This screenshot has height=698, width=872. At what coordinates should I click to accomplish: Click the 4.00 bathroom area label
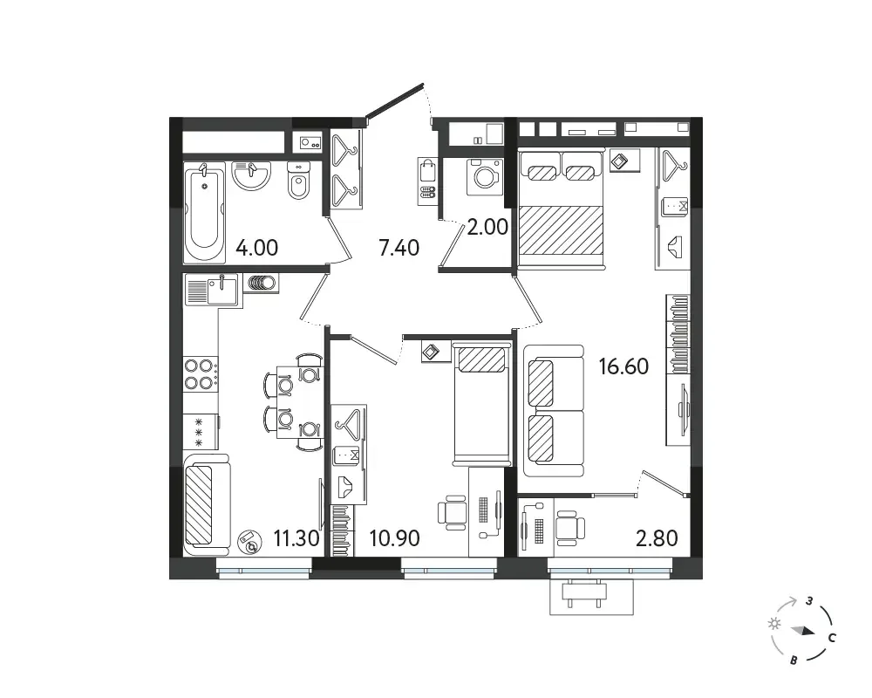coord(257,248)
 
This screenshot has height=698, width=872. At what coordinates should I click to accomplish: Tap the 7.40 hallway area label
coord(399,248)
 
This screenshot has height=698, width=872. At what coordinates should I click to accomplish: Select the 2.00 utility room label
coord(487,227)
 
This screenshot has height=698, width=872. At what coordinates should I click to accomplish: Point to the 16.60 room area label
coord(623,366)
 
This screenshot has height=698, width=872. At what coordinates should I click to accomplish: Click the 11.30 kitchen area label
coord(296,538)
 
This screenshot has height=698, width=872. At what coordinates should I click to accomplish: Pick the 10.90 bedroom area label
coord(395,538)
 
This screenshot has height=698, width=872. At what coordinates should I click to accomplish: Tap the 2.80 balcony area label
coord(657,538)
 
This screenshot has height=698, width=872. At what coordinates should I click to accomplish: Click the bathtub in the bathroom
coord(204,212)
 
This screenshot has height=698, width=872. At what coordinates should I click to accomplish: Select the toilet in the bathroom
coord(298,180)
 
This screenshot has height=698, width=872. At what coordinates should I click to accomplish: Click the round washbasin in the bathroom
coord(251,176)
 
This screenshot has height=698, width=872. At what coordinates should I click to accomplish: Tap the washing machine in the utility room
coord(485,177)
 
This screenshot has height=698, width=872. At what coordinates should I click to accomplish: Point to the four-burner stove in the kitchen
coord(201,373)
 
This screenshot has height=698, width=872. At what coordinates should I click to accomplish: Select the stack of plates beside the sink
coord(261,284)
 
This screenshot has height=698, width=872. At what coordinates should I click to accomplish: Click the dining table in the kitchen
coord(299,402)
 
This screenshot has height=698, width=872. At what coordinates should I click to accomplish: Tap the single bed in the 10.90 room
coord(481,405)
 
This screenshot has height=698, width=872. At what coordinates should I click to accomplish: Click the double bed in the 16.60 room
coord(561,209)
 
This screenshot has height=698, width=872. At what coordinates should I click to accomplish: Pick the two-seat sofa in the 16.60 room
coord(554,411)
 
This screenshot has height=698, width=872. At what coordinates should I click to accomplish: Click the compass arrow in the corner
coord(804,631)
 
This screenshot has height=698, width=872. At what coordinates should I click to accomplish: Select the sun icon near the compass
coord(773,624)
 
